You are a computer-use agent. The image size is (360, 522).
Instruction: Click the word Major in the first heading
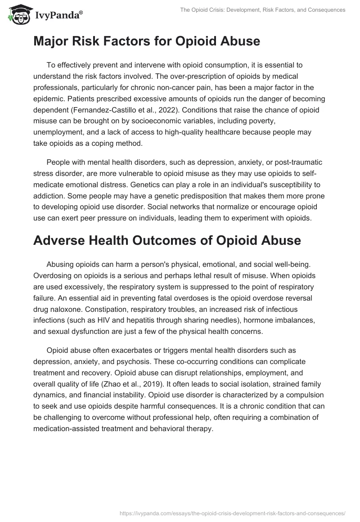coord(51,41)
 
